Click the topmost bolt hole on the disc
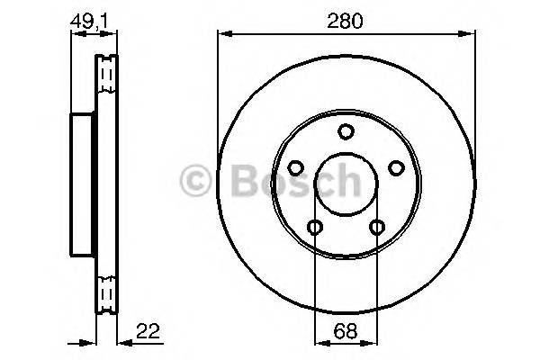coord(346,132)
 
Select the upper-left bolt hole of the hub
coord(295,167)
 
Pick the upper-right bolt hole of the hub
coord(395,167)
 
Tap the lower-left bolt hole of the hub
coord(314,226)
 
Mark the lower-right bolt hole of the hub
coord(376,226)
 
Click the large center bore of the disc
coord(345,185)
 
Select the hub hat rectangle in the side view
coord(83,186)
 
